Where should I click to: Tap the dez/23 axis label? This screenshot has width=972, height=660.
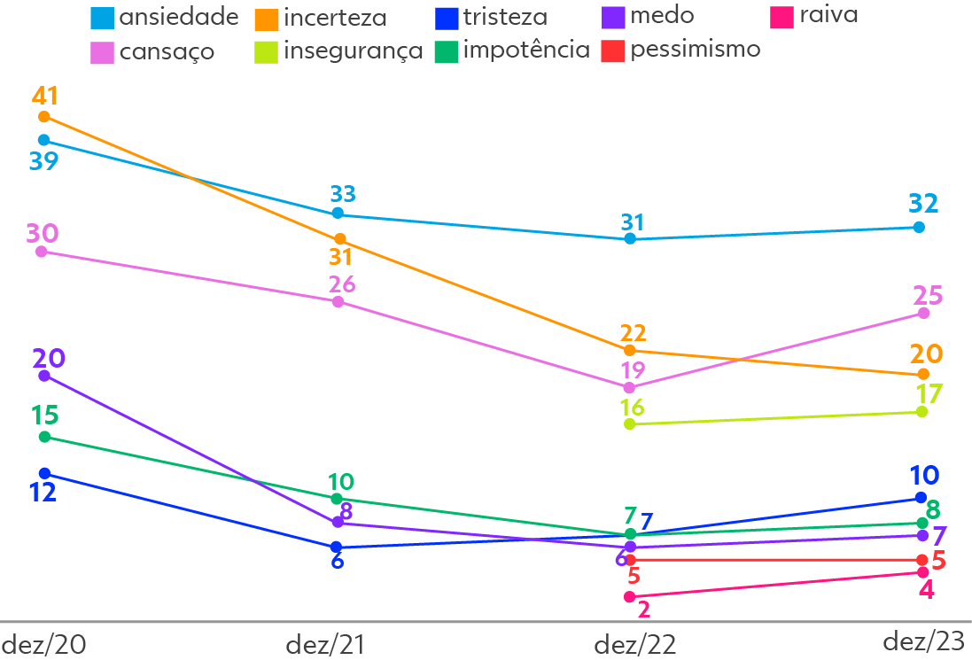pyautogui.click(x=925, y=642)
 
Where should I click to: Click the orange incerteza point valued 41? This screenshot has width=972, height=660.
pyautogui.click(x=44, y=117)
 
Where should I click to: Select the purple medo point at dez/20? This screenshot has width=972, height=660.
pyautogui.click(x=44, y=376)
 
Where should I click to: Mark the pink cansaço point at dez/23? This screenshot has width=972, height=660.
pyautogui.click(x=924, y=313)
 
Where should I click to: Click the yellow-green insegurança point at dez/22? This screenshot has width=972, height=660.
pyautogui.click(x=630, y=424)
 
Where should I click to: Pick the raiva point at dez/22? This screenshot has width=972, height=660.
pyautogui.click(x=630, y=597)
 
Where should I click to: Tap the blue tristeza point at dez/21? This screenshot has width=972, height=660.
pyautogui.click(x=336, y=547)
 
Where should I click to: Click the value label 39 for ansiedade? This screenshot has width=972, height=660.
pyautogui.click(x=43, y=161)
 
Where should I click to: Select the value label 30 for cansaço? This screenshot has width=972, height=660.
pyautogui.click(x=42, y=233)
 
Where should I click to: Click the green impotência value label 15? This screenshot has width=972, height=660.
pyautogui.click(x=44, y=415)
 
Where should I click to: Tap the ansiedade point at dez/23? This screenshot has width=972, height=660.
pyautogui.click(x=919, y=228)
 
